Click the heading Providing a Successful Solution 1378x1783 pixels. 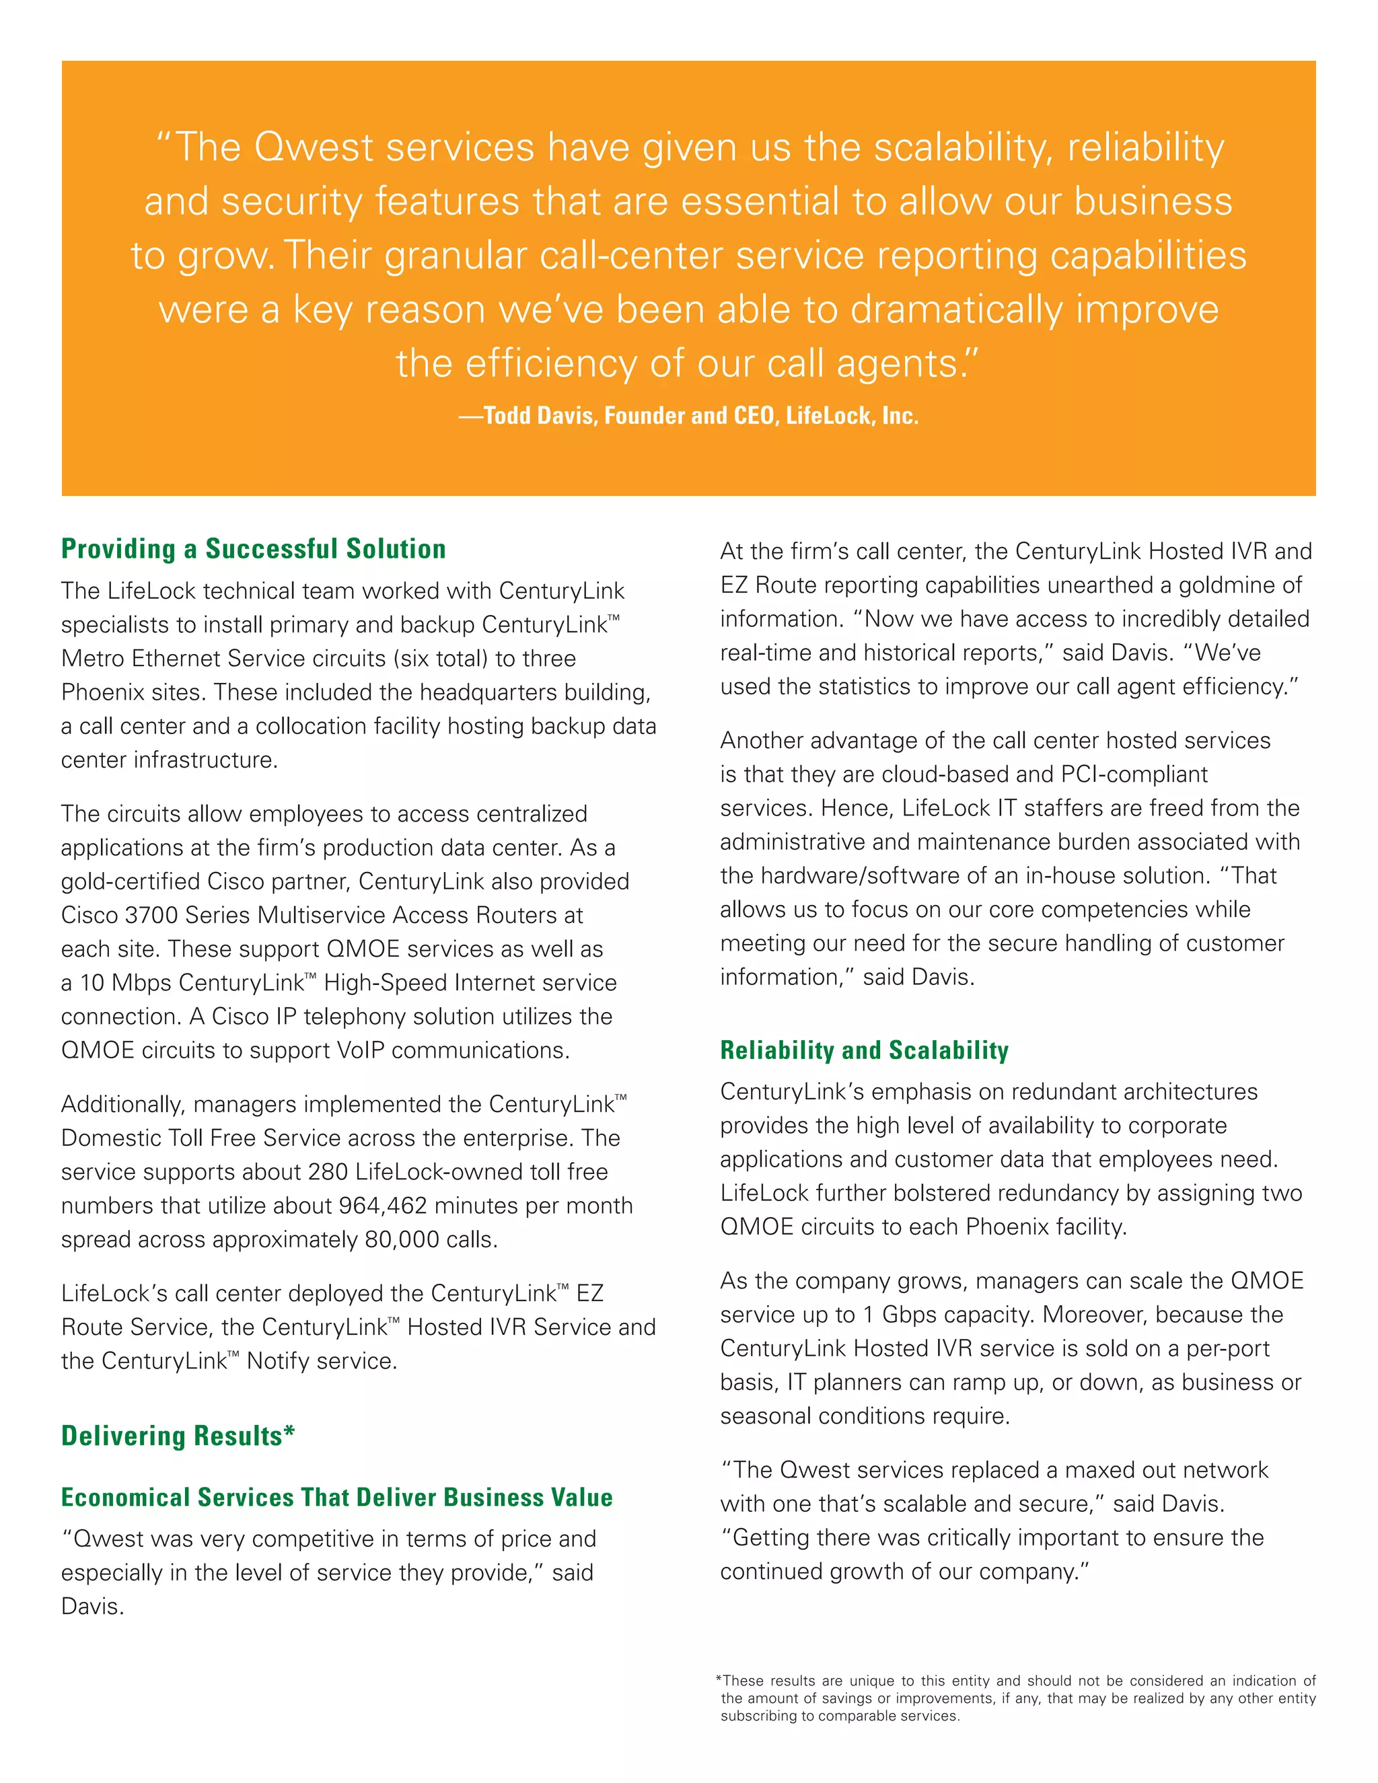(x=253, y=548)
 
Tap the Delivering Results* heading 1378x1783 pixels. (x=178, y=1435)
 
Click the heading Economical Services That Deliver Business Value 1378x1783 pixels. (x=336, y=1497)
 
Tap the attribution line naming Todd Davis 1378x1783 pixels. (x=688, y=416)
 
